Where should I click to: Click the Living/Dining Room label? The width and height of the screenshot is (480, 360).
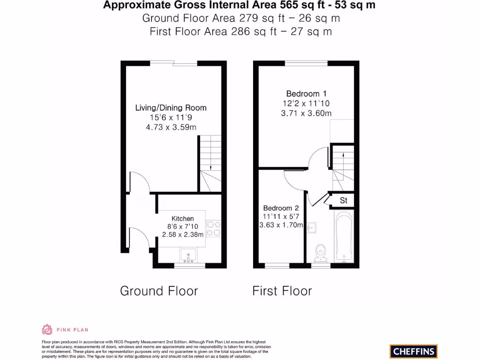[x=171, y=108]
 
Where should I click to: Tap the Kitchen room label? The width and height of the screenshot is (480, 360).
[x=182, y=218]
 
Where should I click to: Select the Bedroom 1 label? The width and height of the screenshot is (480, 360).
[x=306, y=94]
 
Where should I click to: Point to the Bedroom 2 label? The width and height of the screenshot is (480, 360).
[x=281, y=208]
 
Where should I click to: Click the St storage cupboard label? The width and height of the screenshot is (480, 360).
[x=344, y=201]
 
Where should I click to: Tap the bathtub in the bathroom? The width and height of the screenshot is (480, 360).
[x=344, y=236]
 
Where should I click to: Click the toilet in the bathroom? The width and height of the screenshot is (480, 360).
[x=321, y=253]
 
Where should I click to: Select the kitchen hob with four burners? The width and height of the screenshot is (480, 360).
[x=213, y=229]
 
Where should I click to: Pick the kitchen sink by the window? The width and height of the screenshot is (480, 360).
[x=188, y=255]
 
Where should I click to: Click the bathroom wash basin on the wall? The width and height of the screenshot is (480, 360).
[x=311, y=228]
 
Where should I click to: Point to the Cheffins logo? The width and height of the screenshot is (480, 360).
[x=413, y=351]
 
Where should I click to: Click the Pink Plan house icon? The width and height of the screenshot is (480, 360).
[x=47, y=330]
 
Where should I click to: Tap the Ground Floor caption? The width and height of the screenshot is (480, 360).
[x=159, y=291]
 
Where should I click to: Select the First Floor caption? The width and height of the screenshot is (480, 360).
[x=282, y=291]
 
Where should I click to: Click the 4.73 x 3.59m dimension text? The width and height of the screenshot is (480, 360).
[x=171, y=127]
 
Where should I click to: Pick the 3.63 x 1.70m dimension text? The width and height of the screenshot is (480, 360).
[x=281, y=225]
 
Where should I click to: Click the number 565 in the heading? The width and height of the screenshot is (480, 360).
[x=288, y=5]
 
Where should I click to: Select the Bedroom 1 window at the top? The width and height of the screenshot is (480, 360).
[x=306, y=63]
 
